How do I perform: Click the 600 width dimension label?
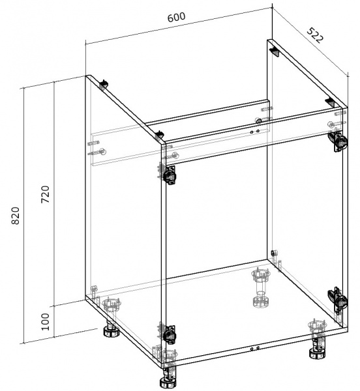pyautogui.click(x=176, y=17)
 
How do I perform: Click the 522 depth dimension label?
pyautogui.click(x=316, y=35)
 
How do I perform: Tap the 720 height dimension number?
pyautogui.click(x=46, y=194)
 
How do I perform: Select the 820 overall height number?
pyautogui.click(x=16, y=216)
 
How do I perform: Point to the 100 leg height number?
pyautogui.click(x=46, y=322)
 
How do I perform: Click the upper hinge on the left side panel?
pyautogui.click(x=168, y=173)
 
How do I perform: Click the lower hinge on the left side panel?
pyautogui.click(x=168, y=334)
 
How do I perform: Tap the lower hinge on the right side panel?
pyautogui.click(x=338, y=300)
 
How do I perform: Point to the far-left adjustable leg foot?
pyautogui.click(x=112, y=330)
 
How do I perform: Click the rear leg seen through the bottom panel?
pyautogui.click(x=261, y=289)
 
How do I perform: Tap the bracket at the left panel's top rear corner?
pyautogui.click(x=104, y=85)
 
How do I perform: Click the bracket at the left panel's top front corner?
pyautogui.click(x=159, y=136)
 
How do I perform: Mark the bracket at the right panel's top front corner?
pyautogui.click(x=330, y=102)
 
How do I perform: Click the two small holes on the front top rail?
pyautogui.click(x=255, y=132)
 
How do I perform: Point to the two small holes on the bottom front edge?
pyautogui.click(x=255, y=349)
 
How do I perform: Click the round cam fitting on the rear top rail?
pyautogui.click(x=259, y=121)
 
